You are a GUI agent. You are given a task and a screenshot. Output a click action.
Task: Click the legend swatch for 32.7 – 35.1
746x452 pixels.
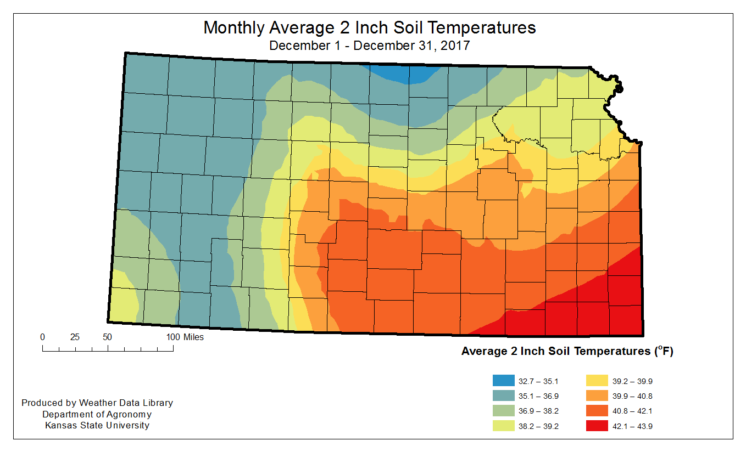(x=503, y=381)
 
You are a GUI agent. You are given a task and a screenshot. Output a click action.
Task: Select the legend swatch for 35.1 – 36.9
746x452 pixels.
(x=503, y=395)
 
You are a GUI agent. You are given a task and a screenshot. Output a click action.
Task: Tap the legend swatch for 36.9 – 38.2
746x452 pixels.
(x=503, y=411)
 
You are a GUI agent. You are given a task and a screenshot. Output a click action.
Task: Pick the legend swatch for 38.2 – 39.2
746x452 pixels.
(x=503, y=426)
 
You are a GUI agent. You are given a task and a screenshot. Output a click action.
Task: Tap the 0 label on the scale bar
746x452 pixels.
(x=42, y=337)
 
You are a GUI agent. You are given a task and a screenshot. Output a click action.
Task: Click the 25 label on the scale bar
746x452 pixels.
(x=75, y=337)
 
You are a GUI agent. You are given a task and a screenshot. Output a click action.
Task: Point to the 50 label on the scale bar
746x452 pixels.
(x=107, y=337)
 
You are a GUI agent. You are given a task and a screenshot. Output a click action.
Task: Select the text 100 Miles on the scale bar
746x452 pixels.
(x=185, y=337)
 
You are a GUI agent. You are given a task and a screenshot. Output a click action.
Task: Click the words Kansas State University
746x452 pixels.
(x=97, y=425)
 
